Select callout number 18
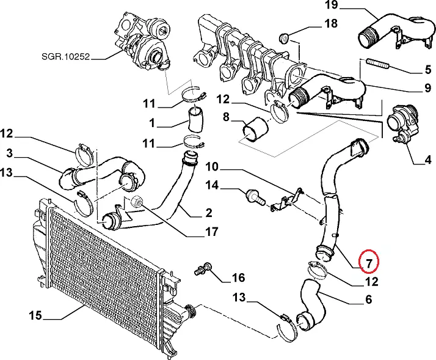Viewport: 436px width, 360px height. (330, 25)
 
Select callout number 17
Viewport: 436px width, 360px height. (212, 231)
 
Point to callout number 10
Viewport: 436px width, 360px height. (211, 166)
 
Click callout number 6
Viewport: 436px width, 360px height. (368, 299)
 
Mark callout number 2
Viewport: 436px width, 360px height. (209, 213)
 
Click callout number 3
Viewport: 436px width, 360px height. (10, 152)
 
